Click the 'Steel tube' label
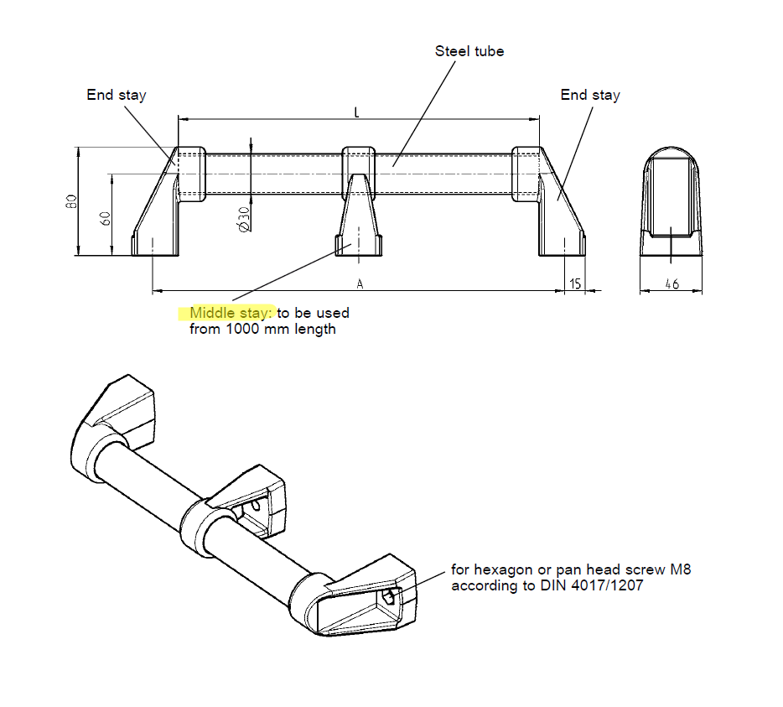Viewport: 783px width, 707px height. (469, 51)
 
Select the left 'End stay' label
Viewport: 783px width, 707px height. (116, 95)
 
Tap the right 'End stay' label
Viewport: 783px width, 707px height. (590, 95)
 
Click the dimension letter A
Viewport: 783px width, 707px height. (360, 284)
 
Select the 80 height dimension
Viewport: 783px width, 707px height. (73, 201)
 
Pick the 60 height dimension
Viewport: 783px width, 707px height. (106, 217)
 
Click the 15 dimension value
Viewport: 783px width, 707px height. (575, 284)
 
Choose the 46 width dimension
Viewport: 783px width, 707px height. (672, 285)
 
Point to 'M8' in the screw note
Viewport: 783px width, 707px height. (680, 569)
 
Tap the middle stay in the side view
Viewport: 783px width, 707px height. (360, 214)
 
